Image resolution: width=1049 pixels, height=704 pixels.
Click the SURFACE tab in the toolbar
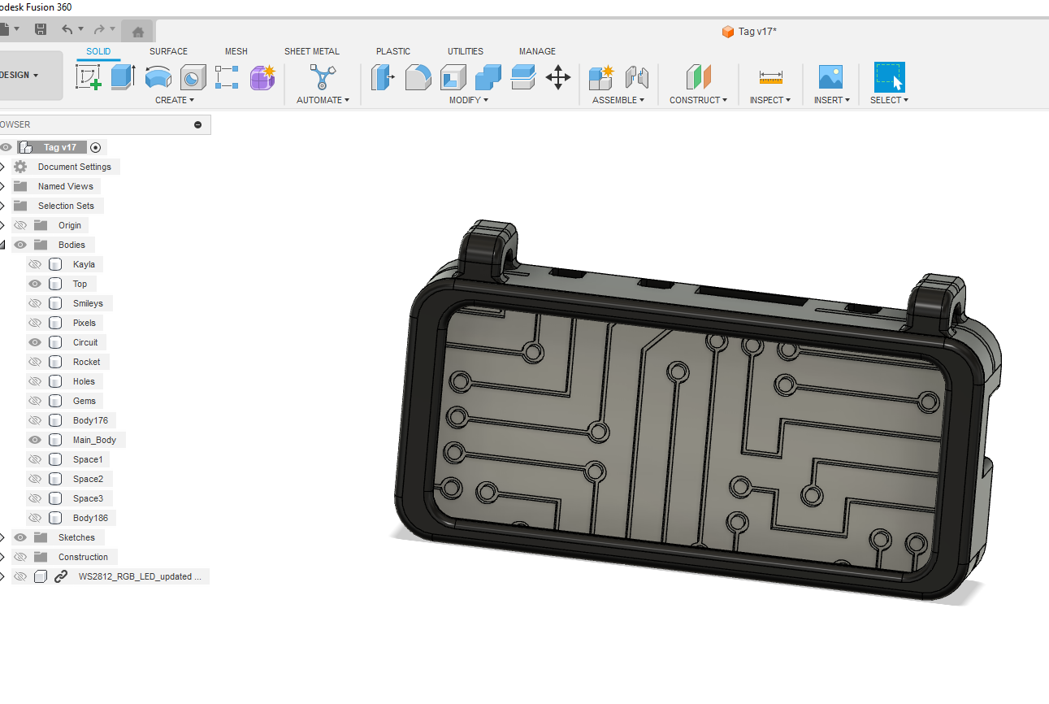[168, 51]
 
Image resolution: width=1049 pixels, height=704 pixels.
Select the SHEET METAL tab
[311, 51]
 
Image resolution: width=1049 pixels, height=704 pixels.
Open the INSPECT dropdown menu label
[769, 100]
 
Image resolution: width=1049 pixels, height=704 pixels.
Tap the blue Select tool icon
[889, 77]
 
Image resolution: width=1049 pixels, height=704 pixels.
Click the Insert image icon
[830, 77]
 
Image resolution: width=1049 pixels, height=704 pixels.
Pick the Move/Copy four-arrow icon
[557, 77]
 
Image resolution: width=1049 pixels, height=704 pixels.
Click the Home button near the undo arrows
[138, 32]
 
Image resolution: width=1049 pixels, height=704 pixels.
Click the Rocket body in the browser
[86, 362]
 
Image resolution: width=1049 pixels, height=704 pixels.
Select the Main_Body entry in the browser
[94, 440]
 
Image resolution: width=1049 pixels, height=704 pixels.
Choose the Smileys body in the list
[88, 303]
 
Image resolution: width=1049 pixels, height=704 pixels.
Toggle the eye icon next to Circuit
[35, 342]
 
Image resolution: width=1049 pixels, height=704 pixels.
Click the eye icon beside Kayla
[35, 264]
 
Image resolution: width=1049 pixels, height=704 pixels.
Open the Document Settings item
[74, 167]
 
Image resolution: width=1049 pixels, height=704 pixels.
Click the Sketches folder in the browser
[76, 537]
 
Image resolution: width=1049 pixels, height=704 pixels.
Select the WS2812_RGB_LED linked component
[135, 576]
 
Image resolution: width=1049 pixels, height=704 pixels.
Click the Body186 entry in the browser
[90, 518]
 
